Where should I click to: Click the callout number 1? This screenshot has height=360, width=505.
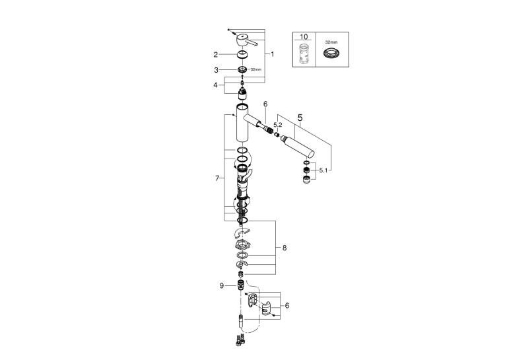273,54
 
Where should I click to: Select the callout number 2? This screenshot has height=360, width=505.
215,55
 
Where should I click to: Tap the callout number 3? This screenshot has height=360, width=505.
216,70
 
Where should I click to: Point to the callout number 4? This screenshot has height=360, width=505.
215,85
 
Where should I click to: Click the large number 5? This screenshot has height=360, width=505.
300,118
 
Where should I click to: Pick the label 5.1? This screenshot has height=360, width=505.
323,170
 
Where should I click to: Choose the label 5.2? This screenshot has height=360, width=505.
278,125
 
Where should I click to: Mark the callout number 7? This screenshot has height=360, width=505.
217,178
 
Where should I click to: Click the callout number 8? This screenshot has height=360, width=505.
285,248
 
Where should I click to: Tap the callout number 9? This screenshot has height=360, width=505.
222,286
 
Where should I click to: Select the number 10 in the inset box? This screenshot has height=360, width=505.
304,37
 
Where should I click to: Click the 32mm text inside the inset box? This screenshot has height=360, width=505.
331,42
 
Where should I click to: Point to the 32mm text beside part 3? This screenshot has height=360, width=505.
256,69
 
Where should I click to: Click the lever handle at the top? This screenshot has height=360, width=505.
246,40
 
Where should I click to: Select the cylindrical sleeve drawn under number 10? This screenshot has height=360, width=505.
304,53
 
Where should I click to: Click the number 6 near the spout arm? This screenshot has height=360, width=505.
265,104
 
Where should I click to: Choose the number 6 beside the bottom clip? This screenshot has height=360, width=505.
287,306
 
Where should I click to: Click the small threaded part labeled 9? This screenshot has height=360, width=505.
240,285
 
